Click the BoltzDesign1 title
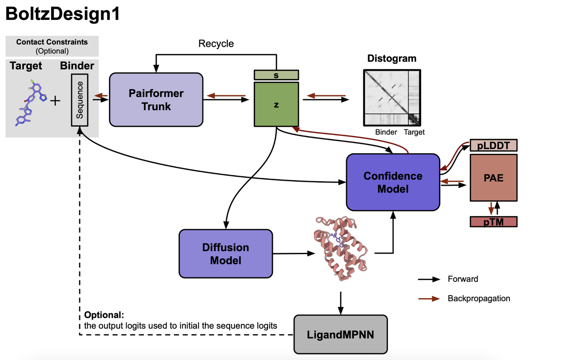point(62,15)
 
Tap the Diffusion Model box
point(226,254)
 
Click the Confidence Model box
point(393,182)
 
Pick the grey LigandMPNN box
point(340,334)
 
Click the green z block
point(276,105)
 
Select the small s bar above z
point(276,75)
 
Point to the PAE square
point(493,179)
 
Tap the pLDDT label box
point(493,145)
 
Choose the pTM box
point(493,221)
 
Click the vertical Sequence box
point(80,100)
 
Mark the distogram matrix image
point(392,97)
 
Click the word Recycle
point(216,44)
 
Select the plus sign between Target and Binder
point(55,101)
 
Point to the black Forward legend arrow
point(429,279)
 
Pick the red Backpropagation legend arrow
point(429,299)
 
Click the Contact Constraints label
point(52,42)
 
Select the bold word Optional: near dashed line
point(104,315)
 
